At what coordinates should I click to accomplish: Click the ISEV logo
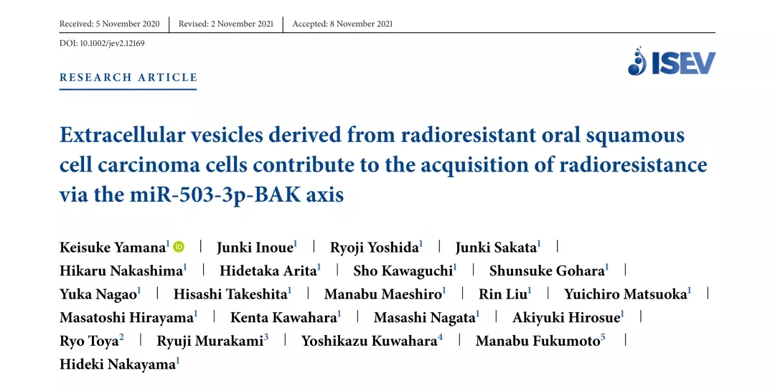click(x=672, y=61)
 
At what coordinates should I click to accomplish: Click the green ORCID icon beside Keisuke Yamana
click(x=179, y=247)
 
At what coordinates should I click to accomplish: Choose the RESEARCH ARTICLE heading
click(x=128, y=77)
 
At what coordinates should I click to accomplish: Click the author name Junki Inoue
click(x=255, y=247)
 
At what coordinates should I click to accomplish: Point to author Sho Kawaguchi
click(x=403, y=270)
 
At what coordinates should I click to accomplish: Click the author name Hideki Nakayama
click(x=117, y=365)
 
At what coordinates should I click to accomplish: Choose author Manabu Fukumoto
click(x=537, y=342)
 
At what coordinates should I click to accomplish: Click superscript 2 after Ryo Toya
click(x=121, y=337)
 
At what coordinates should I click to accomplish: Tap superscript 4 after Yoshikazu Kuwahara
click(x=440, y=337)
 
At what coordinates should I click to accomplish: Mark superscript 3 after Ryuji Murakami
click(x=266, y=337)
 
